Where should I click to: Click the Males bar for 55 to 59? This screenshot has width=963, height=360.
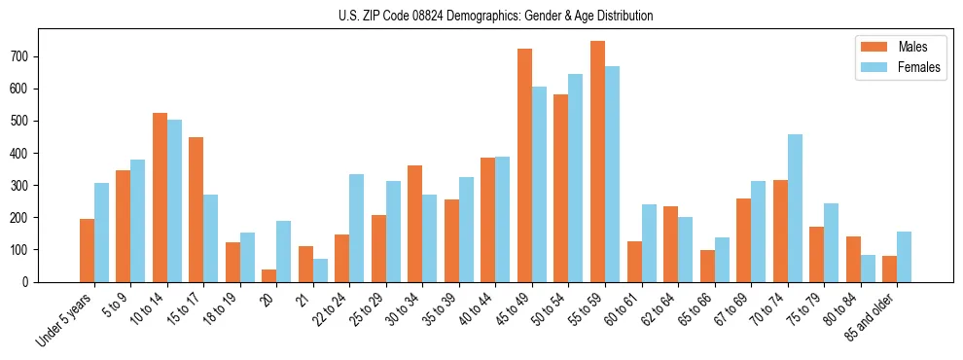[x=597, y=162]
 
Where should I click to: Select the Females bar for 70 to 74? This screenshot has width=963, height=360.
[x=795, y=208]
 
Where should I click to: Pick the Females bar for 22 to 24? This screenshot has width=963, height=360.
[x=357, y=228]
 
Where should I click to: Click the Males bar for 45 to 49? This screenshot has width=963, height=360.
[x=524, y=165]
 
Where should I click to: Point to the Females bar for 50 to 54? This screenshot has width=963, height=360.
[x=576, y=178]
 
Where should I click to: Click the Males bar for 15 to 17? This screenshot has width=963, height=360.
[x=196, y=209]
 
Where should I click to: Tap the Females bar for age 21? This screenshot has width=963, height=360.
[x=320, y=270]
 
